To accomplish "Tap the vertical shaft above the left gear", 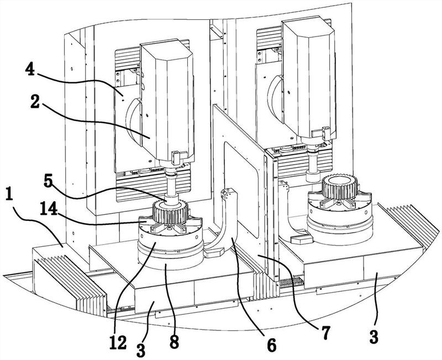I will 170,186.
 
